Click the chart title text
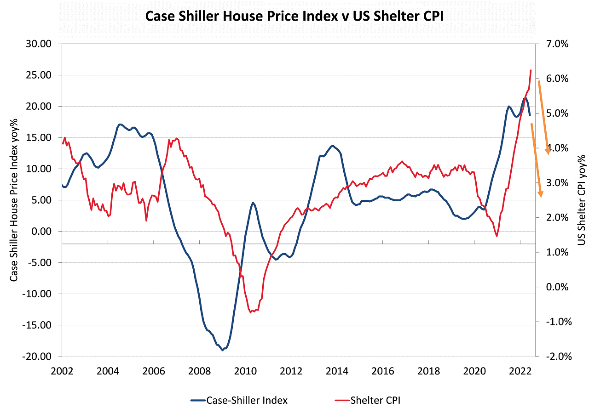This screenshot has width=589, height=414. (x=294, y=17)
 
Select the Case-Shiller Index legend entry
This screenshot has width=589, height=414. (x=239, y=400)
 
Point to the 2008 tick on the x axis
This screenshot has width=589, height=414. (x=199, y=370)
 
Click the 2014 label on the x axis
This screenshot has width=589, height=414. (x=336, y=370)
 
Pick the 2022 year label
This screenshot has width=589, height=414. (x=519, y=370)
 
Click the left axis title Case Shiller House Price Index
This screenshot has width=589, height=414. (x=14, y=199)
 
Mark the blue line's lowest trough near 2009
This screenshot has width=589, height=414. (x=223, y=350)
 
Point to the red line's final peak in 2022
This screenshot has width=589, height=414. (x=531, y=70)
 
